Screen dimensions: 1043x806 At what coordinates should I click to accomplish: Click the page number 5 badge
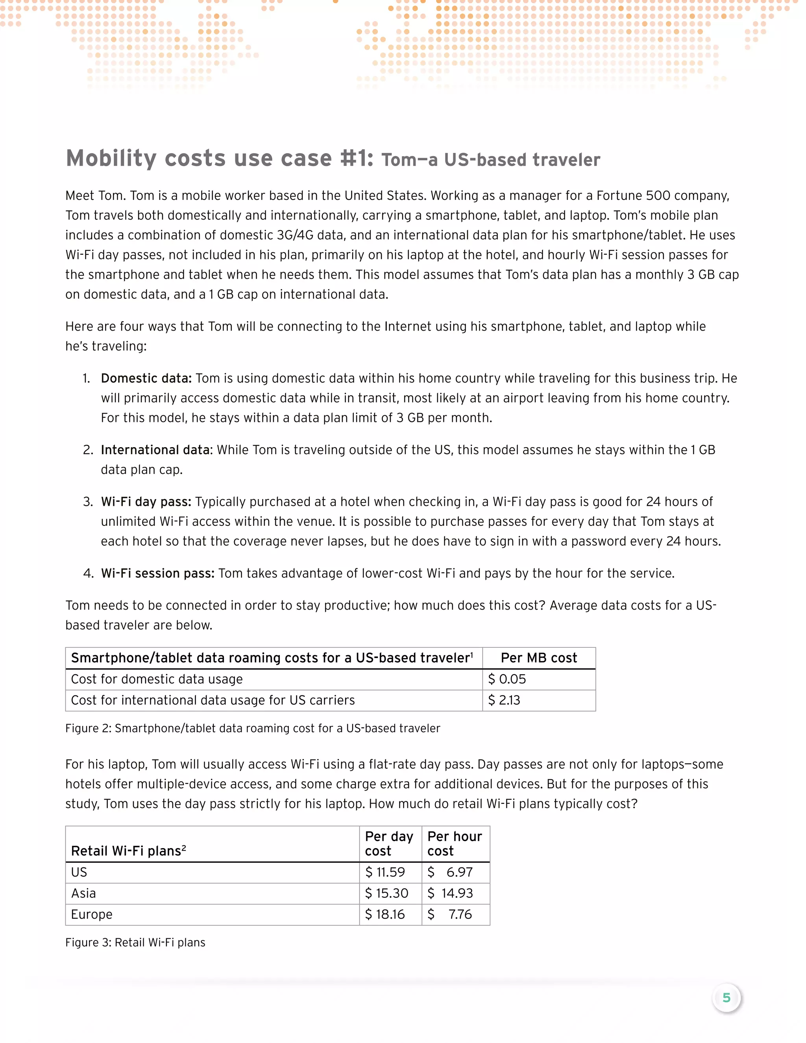point(726,998)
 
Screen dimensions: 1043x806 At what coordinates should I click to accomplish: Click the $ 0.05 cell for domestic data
point(507,679)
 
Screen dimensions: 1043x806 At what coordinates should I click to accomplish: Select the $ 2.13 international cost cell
point(504,700)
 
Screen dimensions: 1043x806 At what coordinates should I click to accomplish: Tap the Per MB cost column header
point(539,658)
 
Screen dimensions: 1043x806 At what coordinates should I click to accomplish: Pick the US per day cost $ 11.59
point(385,872)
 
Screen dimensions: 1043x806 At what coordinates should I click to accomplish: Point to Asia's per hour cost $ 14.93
point(451,893)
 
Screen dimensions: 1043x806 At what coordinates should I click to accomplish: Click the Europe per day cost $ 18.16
point(385,914)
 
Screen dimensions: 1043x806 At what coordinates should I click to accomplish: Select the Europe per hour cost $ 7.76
point(451,914)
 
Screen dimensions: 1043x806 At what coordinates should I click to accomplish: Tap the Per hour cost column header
point(455,843)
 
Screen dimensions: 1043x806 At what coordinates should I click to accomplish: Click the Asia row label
point(83,893)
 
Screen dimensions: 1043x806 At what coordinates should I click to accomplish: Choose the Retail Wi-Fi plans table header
point(128,851)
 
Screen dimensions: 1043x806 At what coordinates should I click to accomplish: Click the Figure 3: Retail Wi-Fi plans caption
point(135,942)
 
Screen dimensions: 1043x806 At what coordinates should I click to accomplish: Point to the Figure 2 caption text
point(253,728)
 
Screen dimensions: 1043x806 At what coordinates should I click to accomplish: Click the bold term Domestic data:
point(146,378)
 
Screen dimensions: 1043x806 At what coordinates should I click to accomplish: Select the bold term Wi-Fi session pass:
point(157,573)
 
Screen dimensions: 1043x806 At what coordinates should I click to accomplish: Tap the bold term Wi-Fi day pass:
point(146,501)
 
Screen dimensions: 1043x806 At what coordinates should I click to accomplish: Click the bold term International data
point(155,450)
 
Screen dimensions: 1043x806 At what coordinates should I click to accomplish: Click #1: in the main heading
point(357,159)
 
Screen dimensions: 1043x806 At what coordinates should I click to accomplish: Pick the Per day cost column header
point(389,843)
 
